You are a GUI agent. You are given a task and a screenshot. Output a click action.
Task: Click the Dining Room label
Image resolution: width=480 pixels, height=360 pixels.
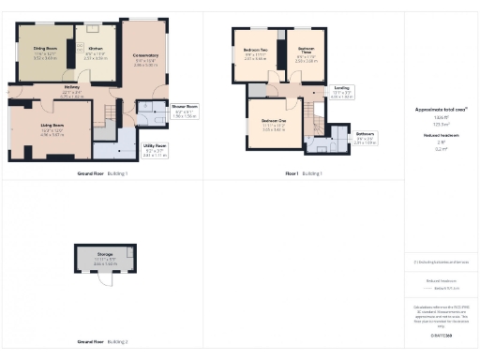click(46, 48)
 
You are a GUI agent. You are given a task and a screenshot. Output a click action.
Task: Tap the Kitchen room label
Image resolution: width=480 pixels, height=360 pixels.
click(95, 48)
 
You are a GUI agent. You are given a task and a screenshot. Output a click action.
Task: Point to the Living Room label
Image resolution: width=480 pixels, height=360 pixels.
click(52, 124)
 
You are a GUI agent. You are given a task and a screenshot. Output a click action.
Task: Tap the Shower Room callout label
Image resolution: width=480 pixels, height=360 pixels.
click(184, 107)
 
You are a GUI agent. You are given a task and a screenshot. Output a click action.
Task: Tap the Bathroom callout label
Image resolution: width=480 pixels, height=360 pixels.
click(365, 133)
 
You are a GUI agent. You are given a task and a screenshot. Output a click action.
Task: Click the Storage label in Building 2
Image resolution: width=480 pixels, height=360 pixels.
click(104, 254)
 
